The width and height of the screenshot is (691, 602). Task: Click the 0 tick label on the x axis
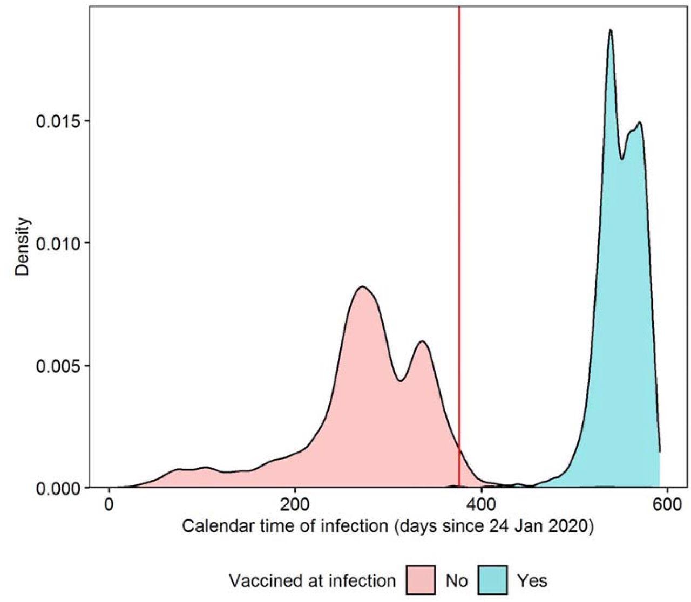[x=110, y=508]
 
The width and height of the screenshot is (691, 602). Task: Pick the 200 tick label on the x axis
[x=295, y=508]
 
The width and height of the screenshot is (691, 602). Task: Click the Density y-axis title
[x=22, y=247]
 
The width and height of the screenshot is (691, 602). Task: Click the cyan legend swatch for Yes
[x=492, y=580]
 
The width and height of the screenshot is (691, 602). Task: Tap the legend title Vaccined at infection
[x=312, y=581]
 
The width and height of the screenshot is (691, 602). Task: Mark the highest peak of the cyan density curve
[x=610, y=30]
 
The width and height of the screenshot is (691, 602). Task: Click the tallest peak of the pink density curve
[x=362, y=286]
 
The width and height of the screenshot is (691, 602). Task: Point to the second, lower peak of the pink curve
[x=422, y=341]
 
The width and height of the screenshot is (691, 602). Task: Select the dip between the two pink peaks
[x=400, y=381]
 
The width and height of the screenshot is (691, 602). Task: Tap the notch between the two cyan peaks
[x=622, y=159]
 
